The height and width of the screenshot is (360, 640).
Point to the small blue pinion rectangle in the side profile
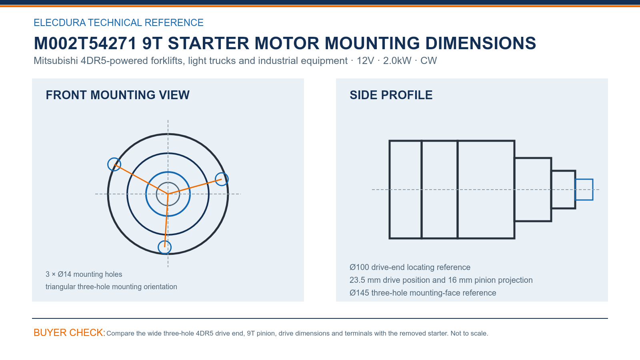click(584, 180)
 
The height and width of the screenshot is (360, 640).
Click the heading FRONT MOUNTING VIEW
click(118, 95)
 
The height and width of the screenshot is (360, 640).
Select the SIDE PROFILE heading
click(391, 95)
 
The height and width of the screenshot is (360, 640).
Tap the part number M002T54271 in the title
click(85, 44)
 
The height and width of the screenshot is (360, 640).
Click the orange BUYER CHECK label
click(69, 332)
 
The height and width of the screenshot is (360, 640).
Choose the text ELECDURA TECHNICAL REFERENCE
click(118, 22)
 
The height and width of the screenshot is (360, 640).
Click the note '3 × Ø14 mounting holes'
click(84, 274)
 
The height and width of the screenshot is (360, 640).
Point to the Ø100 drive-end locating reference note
click(410, 268)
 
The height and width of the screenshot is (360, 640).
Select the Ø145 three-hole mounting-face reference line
click(422, 293)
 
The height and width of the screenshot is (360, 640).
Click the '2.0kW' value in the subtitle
click(397, 60)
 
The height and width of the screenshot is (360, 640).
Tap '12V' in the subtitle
click(365, 60)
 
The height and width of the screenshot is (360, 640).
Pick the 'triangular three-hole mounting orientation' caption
click(111, 286)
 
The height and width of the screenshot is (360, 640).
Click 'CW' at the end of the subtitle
click(428, 60)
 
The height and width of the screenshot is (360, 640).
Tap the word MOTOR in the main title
click(286, 44)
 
